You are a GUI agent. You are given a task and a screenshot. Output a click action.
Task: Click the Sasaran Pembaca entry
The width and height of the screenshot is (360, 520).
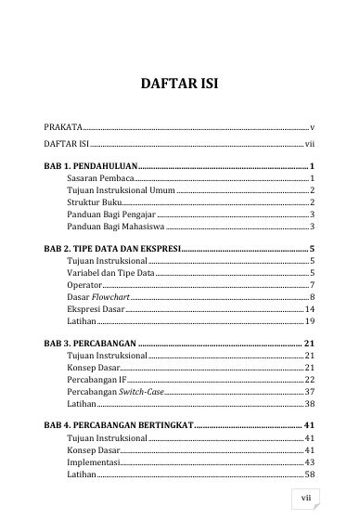(x=101, y=176)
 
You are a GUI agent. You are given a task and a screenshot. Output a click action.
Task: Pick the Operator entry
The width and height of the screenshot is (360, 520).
(x=85, y=285)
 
